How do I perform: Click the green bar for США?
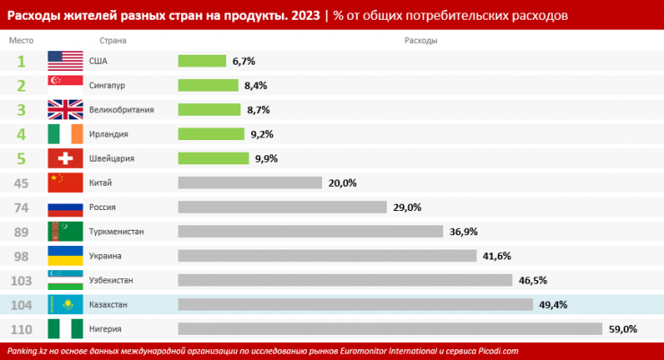pos(202,61)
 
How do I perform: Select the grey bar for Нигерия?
pos(390,329)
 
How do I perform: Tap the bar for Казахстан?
pos(354,304)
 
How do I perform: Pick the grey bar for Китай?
pos(249,182)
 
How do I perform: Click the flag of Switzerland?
pos(65,158)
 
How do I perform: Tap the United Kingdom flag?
pos(65,110)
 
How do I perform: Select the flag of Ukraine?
pos(65,255)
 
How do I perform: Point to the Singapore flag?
pos(65,85)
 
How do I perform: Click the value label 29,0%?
pos(406,207)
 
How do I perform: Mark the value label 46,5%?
pos(533,280)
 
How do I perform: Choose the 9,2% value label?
pos(262,134)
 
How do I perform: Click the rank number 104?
pos(22,304)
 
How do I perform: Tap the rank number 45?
pos(22,182)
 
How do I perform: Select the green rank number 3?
pos(21,110)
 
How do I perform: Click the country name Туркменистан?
pos(117,232)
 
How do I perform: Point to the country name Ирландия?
pos(109,134)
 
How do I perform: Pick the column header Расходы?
pos(421,41)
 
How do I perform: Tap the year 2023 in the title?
pos(305,15)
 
